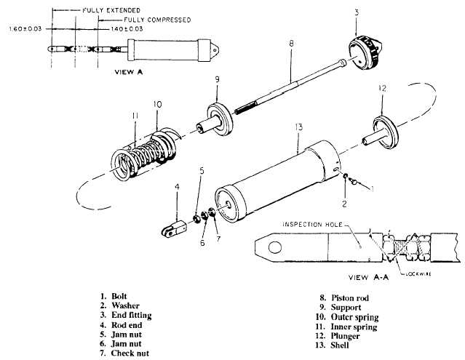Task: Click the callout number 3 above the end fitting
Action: click(357, 12)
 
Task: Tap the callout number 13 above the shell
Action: click(298, 127)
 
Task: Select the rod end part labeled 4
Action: click(174, 229)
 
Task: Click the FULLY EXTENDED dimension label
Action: click(111, 10)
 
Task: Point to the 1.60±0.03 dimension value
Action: click(25, 29)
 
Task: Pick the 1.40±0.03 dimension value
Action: click(127, 29)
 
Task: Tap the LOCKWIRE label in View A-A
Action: click(418, 274)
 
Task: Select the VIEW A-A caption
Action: click(368, 277)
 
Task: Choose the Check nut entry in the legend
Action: click(130, 353)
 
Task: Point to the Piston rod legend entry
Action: click(349, 297)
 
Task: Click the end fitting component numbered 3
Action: click(365, 52)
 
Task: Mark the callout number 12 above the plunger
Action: click(382, 88)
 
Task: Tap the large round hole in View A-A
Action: click(275, 247)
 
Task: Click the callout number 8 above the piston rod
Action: click(291, 44)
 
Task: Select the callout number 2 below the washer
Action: click(344, 204)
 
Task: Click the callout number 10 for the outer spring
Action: click(157, 104)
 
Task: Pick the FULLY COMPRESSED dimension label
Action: click(157, 20)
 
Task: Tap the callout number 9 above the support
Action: click(217, 79)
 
